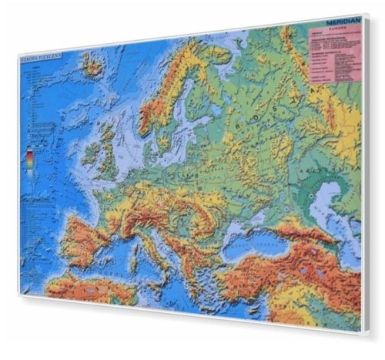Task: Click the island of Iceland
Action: [92, 65]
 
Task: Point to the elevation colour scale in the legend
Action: [29, 158]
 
